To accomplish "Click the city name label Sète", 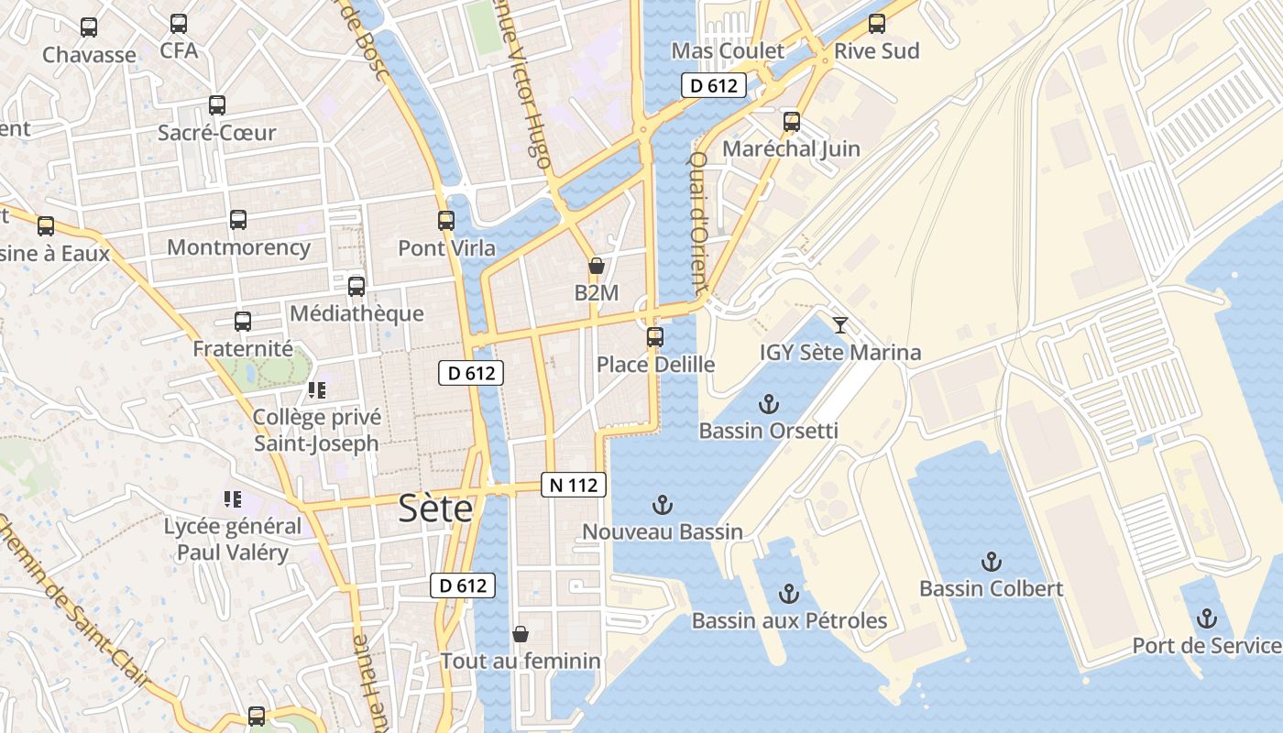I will click(435, 509).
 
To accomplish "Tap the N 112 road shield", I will click(575, 485).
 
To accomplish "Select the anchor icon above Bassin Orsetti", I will click(769, 404).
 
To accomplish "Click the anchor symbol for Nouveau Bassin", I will click(662, 505).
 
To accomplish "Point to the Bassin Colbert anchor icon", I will click(991, 562).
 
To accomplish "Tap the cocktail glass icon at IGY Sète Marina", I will click(839, 324).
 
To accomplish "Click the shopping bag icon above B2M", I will click(597, 267).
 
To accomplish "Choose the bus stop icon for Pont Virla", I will click(446, 221).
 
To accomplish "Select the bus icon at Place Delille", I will click(655, 337).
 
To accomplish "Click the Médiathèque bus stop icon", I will click(356, 287).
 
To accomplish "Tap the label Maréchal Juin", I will click(791, 148).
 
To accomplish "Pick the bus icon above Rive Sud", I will click(877, 24).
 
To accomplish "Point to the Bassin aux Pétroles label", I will click(789, 620).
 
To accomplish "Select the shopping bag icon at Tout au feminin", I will click(521, 634).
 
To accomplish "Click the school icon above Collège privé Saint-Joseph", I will click(317, 391).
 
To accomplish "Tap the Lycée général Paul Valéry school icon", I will click(233, 499).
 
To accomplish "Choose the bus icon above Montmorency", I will click(238, 220).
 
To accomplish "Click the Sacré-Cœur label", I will click(216, 133).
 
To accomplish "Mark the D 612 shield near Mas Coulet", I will click(714, 86).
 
